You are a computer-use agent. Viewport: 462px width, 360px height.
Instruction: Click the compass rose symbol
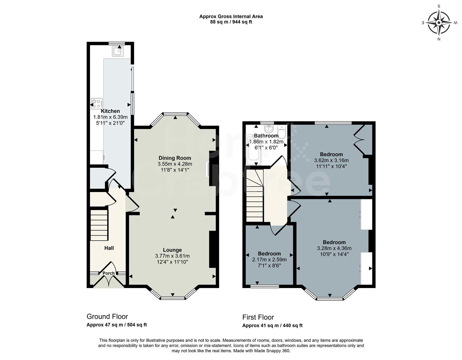tap(439, 23)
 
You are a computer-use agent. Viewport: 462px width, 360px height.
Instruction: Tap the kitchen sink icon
tap(118, 52)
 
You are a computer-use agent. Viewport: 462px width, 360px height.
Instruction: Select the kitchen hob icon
tap(97, 103)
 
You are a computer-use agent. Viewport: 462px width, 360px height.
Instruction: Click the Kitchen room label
tap(110, 111)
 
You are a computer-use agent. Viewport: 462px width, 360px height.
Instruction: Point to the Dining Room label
tap(175, 158)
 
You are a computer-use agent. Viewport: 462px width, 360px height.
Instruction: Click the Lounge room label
tap(172, 250)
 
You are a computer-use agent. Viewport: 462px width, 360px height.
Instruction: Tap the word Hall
tap(109, 248)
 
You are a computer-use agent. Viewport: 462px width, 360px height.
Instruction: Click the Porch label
tap(108, 273)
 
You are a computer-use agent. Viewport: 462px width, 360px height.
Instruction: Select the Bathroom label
tap(266, 136)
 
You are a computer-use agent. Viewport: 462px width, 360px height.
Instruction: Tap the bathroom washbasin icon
tap(269, 129)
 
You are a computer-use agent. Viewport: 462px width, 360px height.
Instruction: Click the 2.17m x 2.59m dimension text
tap(269, 260)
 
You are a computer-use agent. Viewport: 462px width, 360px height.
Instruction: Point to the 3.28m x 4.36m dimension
tap(334, 248)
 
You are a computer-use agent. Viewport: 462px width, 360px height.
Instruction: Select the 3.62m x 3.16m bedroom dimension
tap(331, 160)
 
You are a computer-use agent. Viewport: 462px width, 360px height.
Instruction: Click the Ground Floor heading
tap(107, 317)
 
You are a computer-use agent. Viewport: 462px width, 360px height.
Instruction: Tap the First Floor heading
tap(258, 317)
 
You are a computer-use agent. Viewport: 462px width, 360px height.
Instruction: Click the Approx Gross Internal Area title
tap(231, 16)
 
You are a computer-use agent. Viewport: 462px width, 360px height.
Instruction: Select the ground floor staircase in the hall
tap(99, 225)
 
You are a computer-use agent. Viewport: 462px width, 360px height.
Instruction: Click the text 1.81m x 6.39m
tap(110, 117)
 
